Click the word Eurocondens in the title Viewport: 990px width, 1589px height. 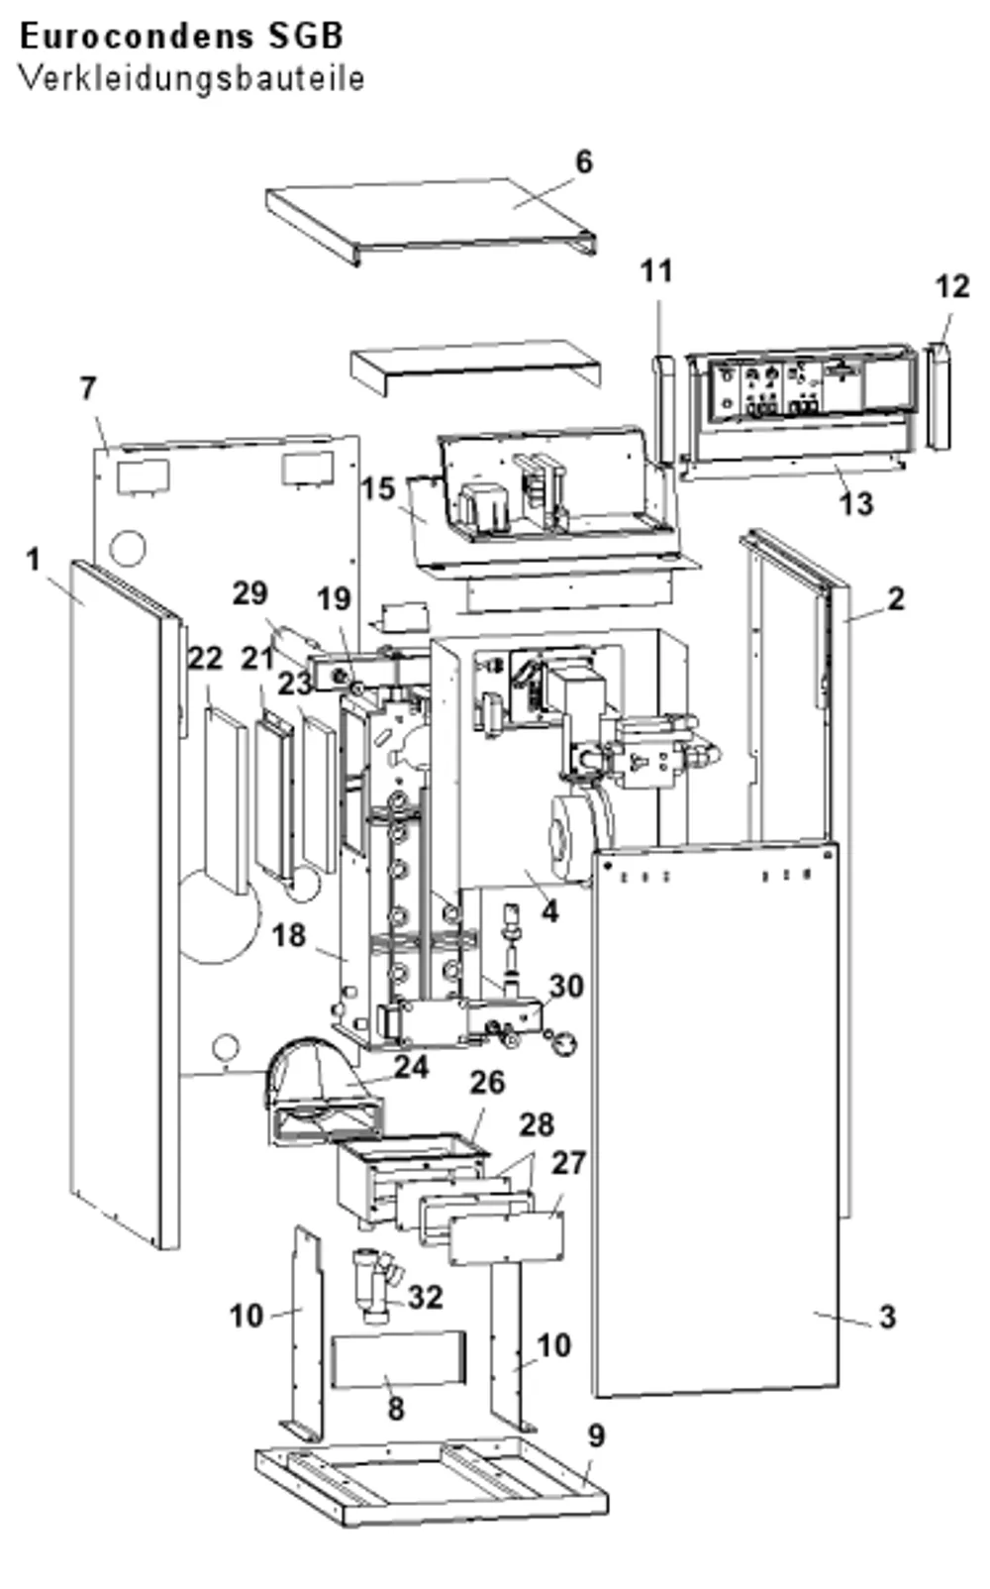tap(136, 37)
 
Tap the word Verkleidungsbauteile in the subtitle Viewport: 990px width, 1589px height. tap(192, 78)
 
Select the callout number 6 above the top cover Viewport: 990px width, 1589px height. tap(583, 161)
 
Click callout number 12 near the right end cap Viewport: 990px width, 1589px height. tap(951, 286)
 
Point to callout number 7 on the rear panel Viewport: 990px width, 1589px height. tap(88, 388)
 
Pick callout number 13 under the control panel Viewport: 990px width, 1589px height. tap(856, 504)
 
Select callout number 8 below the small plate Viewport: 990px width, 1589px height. tap(396, 1408)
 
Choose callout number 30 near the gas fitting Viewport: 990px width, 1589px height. tap(567, 986)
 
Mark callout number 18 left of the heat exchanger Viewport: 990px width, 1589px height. tap(289, 935)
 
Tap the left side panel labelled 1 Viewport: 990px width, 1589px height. tap(124, 900)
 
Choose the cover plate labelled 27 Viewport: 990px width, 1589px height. tap(507, 1236)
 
